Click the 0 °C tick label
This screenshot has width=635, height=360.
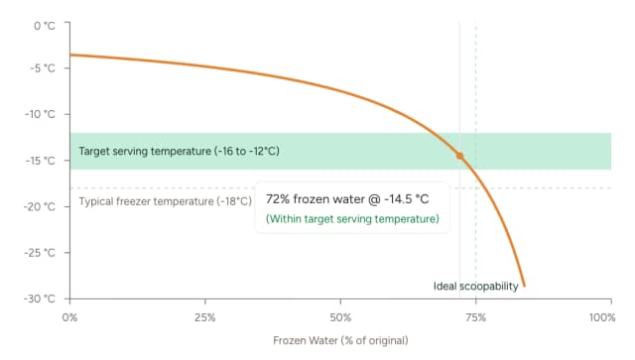(x=43, y=24)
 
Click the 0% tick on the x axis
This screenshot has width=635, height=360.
(x=69, y=316)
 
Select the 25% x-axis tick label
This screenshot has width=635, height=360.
(x=204, y=316)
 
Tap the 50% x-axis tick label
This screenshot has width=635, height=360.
(x=340, y=316)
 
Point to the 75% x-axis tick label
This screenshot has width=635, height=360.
(x=475, y=316)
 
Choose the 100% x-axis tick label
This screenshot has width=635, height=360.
(x=600, y=316)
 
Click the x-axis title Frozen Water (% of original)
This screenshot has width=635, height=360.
(x=340, y=340)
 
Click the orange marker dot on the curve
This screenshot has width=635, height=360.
(x=459, y=156)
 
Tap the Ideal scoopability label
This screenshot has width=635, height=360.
(x=476, y=287)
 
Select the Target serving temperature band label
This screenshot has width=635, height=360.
(x=179, y=151)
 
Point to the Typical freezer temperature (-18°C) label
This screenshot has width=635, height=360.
(x=164, y=201)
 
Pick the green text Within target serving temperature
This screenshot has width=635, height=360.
(x=352, y=218)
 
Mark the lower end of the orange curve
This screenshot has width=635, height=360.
(x=524, y=286)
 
